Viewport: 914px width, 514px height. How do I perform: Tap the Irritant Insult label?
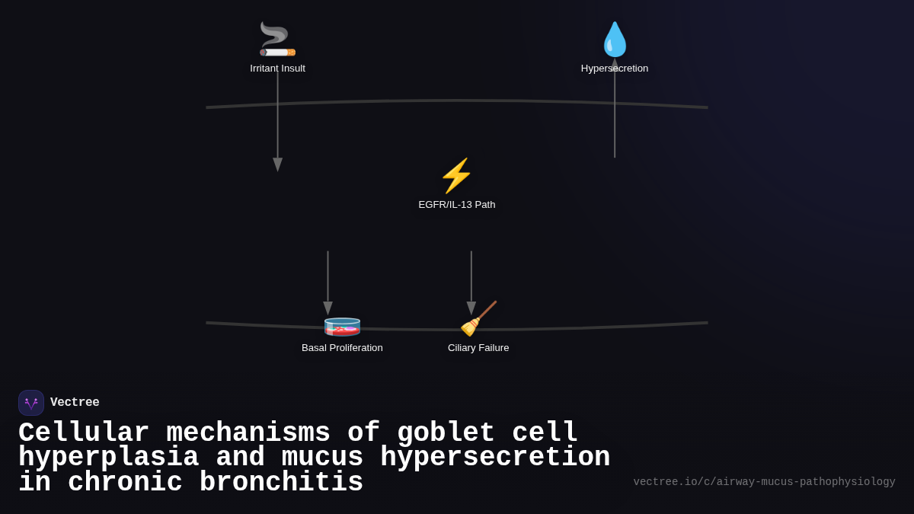(277, 69)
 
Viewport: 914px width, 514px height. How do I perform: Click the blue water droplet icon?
(615, 40)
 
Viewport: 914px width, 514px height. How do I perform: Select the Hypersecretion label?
(615, 69)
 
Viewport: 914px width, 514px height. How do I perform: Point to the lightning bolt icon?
(456, 176)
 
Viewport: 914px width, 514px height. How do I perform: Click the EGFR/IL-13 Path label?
(456, 205)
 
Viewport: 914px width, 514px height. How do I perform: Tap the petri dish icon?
(342, 326)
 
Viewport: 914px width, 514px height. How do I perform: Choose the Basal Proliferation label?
(342, 348)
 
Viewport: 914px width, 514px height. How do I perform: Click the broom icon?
(478, 319)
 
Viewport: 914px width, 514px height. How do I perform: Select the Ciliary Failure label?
(478, 348)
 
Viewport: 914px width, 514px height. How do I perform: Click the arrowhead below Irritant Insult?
(277, 164)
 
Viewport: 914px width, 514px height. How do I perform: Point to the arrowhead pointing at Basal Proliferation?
(328, 308)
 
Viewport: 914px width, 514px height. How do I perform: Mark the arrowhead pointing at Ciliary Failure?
(471, 308)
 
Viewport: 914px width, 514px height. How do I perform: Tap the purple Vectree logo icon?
(31, 403)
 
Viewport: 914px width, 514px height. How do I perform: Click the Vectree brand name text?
(75, 403)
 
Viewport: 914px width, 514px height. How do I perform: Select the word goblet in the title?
(446, 433)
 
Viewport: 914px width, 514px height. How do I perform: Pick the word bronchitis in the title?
(281, 483)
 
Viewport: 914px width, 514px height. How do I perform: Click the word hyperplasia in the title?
(108, 458)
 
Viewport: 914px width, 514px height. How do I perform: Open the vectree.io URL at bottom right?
(764, 482)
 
